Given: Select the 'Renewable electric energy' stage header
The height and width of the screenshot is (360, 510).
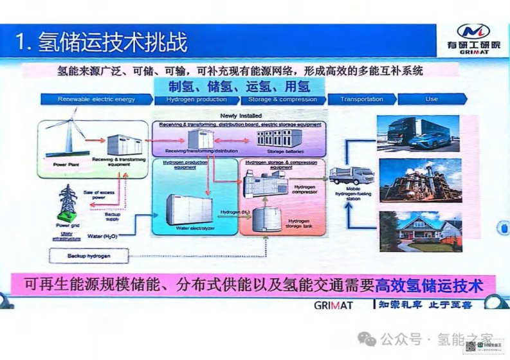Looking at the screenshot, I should click(96, 100).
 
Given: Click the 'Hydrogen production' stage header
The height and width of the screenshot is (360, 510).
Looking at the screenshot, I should click(196, 100).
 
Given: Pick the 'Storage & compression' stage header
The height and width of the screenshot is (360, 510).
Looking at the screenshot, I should click(282, 100).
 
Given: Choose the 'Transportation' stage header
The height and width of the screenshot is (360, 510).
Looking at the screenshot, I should click(361, 100).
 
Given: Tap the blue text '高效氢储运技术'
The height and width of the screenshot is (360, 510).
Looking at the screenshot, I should click(428, 283).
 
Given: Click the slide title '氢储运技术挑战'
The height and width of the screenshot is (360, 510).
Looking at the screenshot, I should click(113, 42).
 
